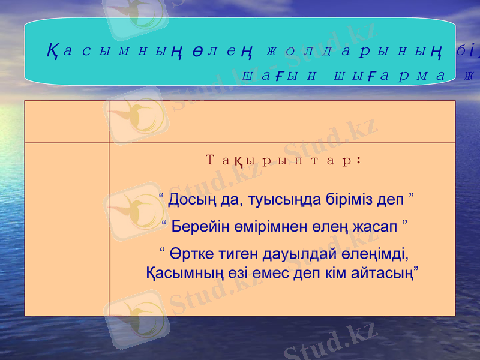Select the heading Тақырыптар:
pos(283,160)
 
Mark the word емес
pos(274,273)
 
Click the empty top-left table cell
pos(67,122)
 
